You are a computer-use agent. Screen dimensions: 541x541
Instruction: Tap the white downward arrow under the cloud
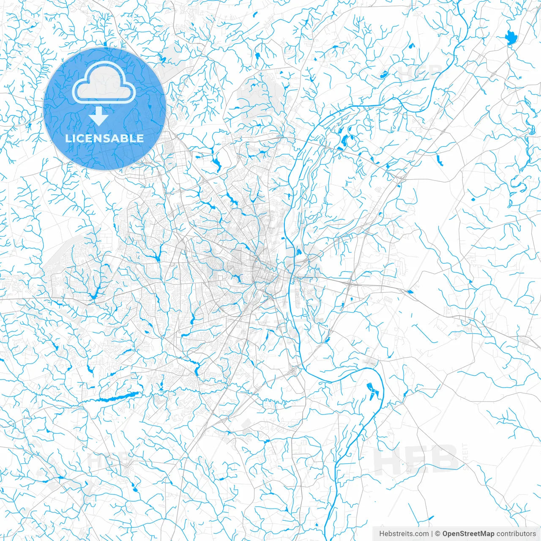[x=99, y=116]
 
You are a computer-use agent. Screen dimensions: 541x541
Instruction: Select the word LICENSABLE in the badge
[x=104, y=138]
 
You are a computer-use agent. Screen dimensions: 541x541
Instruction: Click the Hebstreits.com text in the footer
[x=404, y=534]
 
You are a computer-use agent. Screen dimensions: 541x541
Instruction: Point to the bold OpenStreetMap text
[x=468, y=534]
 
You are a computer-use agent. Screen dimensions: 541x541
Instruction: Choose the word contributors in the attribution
[x=516, y=534]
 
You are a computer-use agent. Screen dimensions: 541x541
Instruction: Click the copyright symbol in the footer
[x=438, y=534]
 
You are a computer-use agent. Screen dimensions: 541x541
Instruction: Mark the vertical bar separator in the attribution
[x=432, y=534]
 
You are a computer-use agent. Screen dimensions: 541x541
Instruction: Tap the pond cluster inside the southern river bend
[x=371, y=391]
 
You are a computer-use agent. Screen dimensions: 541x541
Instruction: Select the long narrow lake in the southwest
[x=118, y=397]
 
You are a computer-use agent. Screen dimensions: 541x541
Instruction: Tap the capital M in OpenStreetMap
[x=482, y=534]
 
